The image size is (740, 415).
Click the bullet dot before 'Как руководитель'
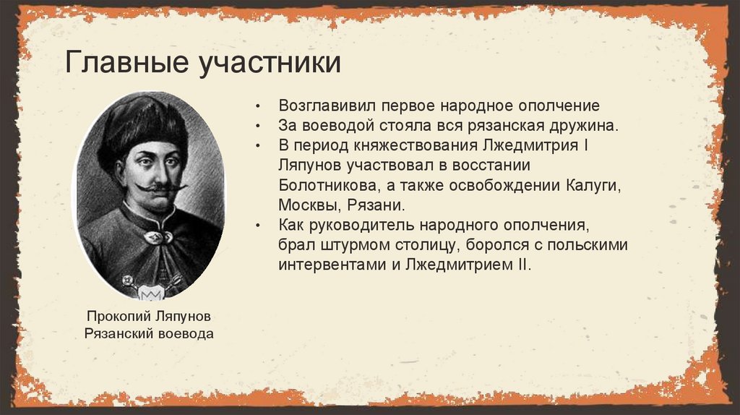258,226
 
